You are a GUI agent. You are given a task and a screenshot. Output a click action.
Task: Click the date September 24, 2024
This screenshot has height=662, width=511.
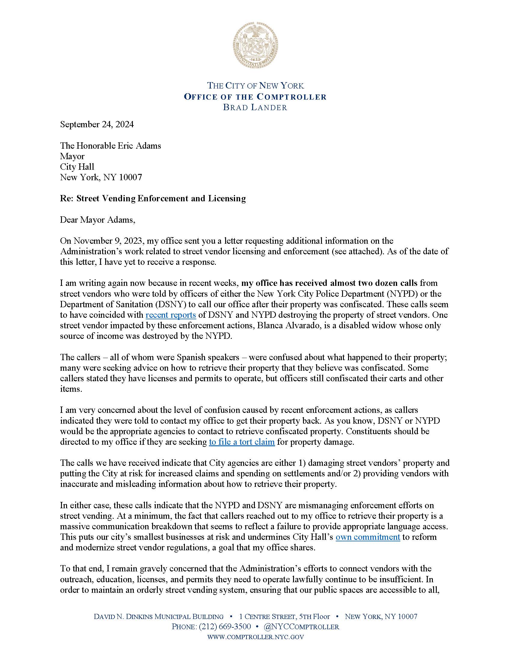point(97,125)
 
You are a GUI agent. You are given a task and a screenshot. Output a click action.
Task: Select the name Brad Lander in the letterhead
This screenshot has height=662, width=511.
point(255,107)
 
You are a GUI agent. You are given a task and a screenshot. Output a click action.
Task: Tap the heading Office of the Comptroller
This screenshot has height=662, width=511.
point(255,97)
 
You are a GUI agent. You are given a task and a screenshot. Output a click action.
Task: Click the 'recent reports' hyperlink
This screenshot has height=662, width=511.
point(171,315)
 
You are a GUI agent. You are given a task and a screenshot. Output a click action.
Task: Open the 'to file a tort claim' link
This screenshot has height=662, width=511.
point(242,442)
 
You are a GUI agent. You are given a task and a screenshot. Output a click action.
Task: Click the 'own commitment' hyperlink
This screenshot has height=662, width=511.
point(368,537)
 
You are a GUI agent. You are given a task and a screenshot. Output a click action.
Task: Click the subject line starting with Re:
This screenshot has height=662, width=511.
point(153,199)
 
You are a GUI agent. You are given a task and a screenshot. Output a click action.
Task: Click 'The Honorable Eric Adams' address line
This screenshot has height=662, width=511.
point(110,146)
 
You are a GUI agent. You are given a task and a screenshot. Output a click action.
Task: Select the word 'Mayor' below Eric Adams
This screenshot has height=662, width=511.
point(72,156)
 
